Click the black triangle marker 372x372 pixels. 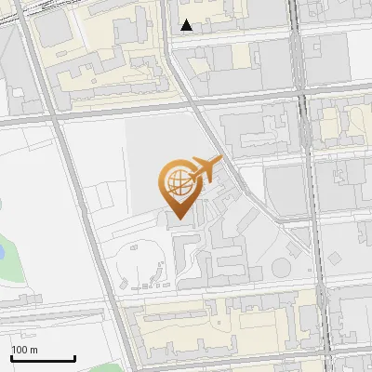pyautogui.click(x=187, y=25)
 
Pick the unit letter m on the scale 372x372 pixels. pyautogui.click(x=34, y=350)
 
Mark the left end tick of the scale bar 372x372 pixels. pyautogui.click(x=11, y=357)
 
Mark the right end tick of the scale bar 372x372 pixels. pyautogui.click(x=74, y=357)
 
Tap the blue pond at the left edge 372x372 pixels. pyautogui.click(x=3, y=250)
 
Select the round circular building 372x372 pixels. pyautogui.click(x=280, y=269)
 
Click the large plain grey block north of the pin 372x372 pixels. pyautogui.click(x=158, y=149)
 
